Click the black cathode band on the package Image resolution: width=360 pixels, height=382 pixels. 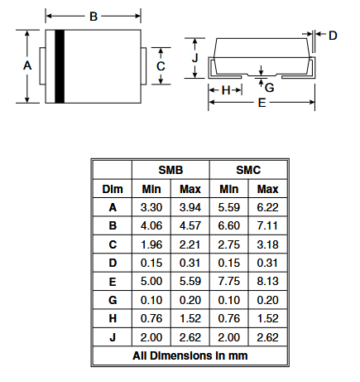click(60, 66)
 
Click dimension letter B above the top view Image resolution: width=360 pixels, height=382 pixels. click(94, 17)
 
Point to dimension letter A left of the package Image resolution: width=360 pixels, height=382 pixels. click(27, 65)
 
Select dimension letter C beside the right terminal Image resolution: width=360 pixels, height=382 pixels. click(161, 66)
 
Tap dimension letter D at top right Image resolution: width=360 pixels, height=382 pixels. click(333, 36)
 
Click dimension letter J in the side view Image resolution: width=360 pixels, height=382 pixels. click(195, 58)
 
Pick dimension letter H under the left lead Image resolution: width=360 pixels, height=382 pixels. click(226, 90)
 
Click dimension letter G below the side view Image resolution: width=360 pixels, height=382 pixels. click(269, 88)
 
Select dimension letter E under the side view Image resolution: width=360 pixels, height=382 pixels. click(262, 103)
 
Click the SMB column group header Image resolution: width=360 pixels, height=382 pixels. click(170, 170)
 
